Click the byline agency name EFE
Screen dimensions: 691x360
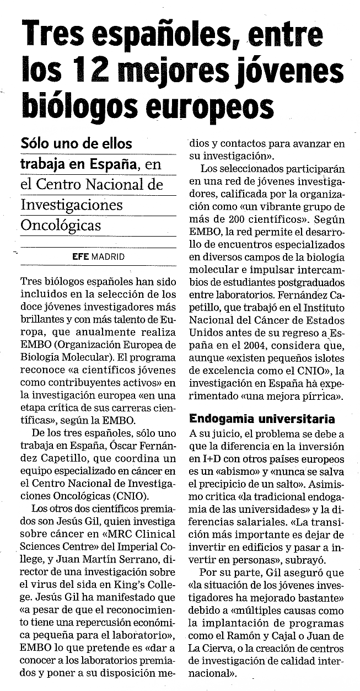pos(80,256)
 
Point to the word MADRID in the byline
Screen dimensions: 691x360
pos(108,256)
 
